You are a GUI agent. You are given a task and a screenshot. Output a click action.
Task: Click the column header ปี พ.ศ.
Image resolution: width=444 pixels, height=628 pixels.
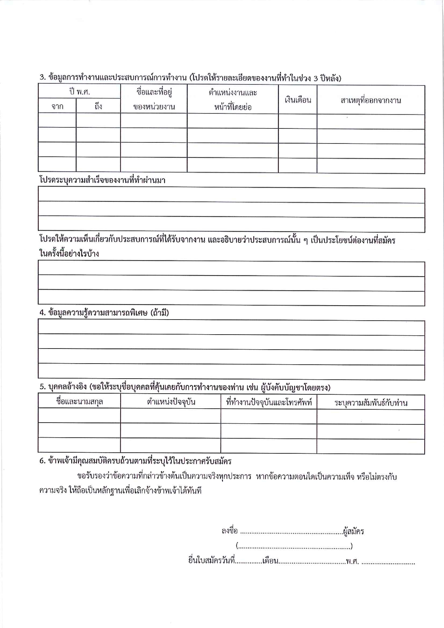pos(79,92)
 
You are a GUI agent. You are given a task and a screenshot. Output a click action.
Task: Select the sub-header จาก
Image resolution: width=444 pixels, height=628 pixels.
pos(57,106)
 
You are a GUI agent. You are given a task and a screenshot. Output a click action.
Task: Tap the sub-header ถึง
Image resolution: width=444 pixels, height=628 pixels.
pos(98,106)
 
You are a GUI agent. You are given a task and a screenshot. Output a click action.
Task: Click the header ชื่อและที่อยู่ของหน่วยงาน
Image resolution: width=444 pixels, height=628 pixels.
pos(154,99)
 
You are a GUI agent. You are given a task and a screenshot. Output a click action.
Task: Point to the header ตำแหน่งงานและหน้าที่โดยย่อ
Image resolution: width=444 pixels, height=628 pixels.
pos(233,99)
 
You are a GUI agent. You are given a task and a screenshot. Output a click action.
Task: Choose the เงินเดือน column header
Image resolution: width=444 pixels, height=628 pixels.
pos(298,100)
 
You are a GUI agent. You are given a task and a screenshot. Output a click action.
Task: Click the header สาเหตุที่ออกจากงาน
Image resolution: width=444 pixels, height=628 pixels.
pos(371,100)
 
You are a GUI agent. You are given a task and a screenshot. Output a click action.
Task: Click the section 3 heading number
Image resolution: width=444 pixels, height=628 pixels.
pos(42,77)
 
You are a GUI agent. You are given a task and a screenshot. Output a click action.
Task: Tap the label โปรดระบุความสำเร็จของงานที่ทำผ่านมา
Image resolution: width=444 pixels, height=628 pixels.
pos(102,180)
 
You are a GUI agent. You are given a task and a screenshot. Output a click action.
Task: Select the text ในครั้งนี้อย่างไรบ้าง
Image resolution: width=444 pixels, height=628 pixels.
pos(69,254)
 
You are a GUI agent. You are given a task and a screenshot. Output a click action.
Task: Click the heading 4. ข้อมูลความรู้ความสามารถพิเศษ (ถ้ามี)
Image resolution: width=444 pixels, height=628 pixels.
pos(104,313)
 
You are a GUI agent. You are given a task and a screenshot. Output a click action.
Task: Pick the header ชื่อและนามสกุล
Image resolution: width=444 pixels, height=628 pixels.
pos(79,401)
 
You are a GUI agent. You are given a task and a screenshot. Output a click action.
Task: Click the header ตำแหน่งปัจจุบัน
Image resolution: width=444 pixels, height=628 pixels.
pos(171,402)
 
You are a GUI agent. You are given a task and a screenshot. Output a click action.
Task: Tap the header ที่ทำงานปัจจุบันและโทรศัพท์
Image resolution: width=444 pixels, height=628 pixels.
pos(269,402)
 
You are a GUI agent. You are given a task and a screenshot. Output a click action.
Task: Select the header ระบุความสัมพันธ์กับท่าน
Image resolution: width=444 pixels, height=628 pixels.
pos(371,403)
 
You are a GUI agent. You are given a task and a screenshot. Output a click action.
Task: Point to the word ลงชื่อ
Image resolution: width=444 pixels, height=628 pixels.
pos(229,531)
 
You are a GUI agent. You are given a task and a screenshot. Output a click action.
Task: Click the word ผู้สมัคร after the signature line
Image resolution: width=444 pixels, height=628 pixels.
pos(353,531)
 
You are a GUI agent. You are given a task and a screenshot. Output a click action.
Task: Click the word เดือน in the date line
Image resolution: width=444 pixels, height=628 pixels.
pos(270,561)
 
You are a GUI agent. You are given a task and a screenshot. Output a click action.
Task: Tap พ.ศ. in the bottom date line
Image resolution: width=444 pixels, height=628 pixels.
pos(352,561)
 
